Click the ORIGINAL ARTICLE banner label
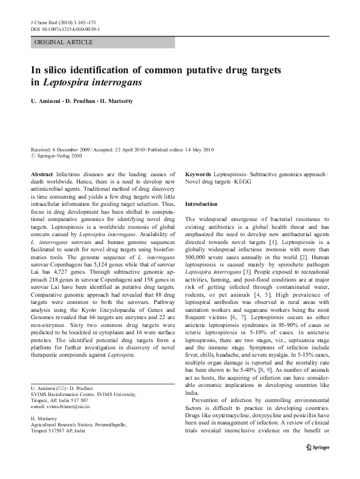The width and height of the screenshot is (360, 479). tap(64, 42)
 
